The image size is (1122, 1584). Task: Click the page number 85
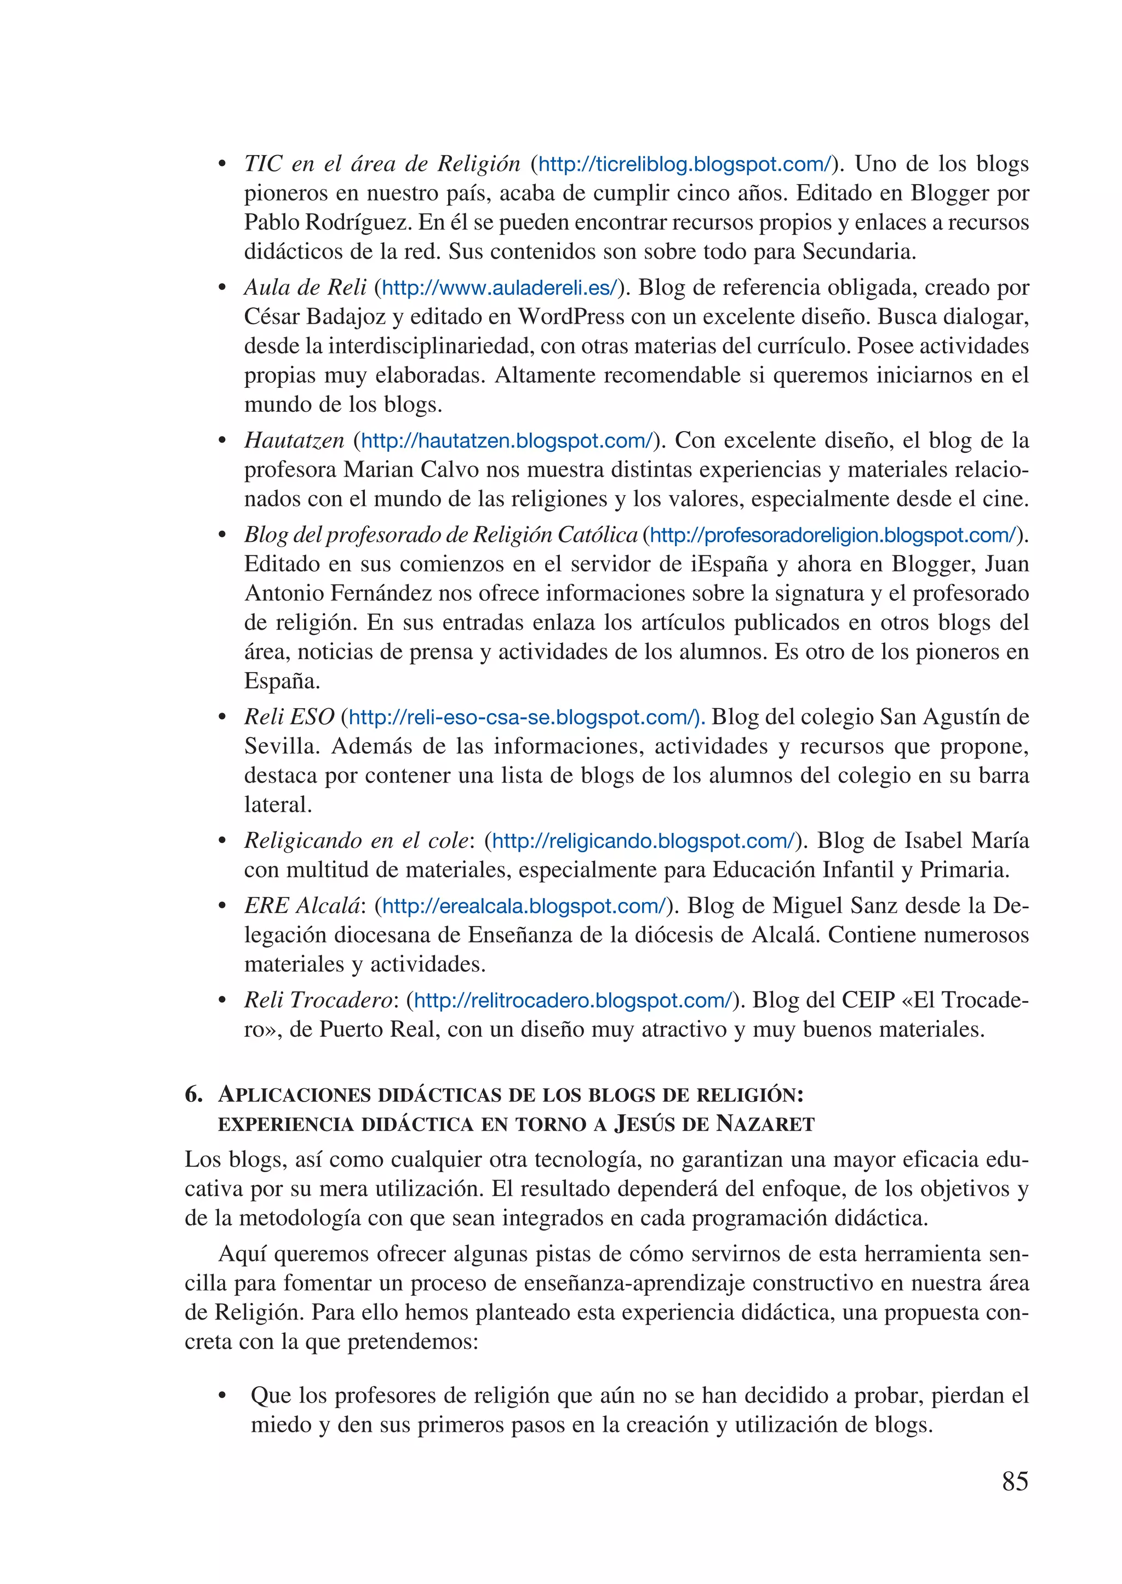pyautogui.click(x=1014, y=1481)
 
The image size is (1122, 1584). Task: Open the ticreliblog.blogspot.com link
pyautogui.click(x=684, y=164)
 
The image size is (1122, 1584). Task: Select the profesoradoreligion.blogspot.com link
pyautogui.click(x=833, y=535)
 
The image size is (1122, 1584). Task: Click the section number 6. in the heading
pyautogui.click(x=193, y=1095)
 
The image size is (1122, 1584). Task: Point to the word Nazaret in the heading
pyautogui.click(x=765, y=1124)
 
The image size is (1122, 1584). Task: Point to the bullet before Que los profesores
pyautogui.click(x=222, y=1396)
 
